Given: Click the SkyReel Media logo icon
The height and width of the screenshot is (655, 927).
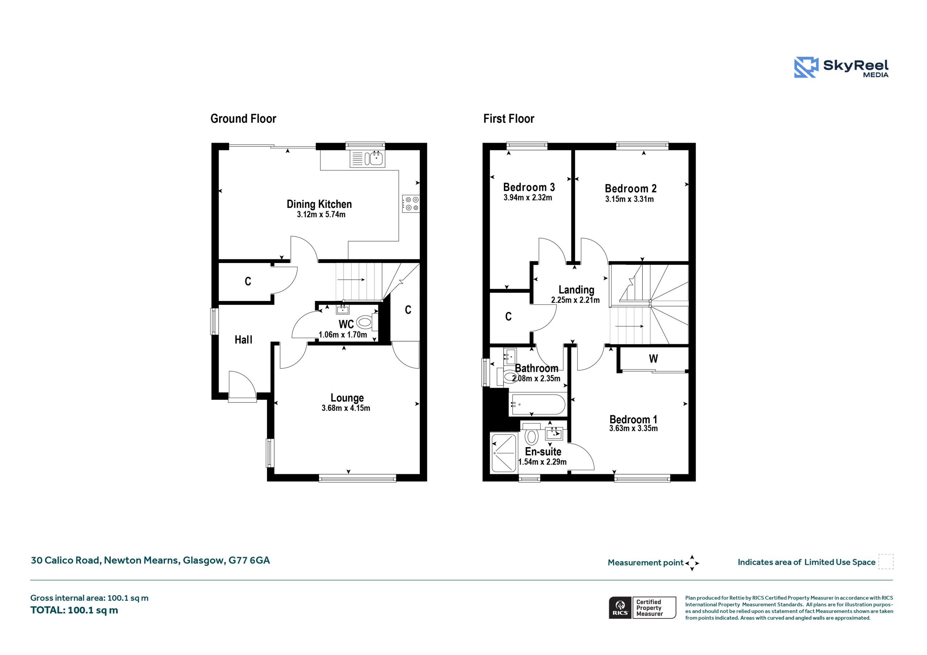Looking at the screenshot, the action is (x=806, y=67).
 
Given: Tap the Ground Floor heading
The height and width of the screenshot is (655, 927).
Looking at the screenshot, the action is (x=243, y=119).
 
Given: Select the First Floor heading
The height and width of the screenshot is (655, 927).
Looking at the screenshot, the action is (x=509, y=119).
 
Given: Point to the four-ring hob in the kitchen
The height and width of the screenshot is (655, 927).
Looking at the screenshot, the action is (x=411, y=204).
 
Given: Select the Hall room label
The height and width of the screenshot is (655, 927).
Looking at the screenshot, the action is (x=243, y=340).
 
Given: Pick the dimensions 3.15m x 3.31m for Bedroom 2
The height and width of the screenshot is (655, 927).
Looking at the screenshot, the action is (x=629, y=199).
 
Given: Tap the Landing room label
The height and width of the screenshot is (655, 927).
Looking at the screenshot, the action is (x=576, y=290).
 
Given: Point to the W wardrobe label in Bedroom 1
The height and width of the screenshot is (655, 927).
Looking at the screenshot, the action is (x=653, y=359).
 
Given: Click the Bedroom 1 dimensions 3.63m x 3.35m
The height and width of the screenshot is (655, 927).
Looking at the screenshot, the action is (x=633, y=428).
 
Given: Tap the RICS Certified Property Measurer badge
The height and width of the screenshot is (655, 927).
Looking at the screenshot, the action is (x=642, y=608).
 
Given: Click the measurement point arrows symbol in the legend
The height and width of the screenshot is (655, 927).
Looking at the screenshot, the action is (x=692, y=563).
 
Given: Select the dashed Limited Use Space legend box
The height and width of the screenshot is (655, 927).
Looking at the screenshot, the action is (x=886, y=562).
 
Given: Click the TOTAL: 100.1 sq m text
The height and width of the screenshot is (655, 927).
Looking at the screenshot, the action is (x=74, y=610).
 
